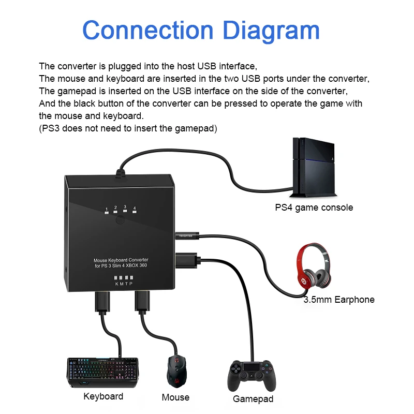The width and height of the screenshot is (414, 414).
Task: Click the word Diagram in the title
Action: pos(271,31)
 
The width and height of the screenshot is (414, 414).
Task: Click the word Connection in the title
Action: pos(148,30)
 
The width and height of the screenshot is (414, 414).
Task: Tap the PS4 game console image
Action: pos(313,167)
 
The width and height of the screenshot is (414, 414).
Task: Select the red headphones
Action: pos(314,266)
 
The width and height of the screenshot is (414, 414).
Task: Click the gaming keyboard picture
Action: pos(102,373)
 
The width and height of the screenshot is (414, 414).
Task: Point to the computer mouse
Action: pos(176,372)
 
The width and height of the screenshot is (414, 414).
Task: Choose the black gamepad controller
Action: pos(252,376)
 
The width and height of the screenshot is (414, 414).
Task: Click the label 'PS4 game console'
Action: pos(314,208)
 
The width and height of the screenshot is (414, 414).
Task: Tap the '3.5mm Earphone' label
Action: pos(339,300)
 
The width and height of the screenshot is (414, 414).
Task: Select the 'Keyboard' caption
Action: pos(103,396)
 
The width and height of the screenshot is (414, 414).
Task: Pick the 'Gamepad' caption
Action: pos(253,399)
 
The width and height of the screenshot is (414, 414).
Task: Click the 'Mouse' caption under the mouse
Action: pos(175,397)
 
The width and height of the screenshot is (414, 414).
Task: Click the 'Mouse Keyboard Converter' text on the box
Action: pos(121,260)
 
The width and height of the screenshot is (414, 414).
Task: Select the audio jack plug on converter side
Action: pos(187,235)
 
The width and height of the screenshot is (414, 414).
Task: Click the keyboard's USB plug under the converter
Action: pos(102,303)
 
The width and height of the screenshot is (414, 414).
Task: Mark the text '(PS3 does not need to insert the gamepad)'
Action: pos(128,128)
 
